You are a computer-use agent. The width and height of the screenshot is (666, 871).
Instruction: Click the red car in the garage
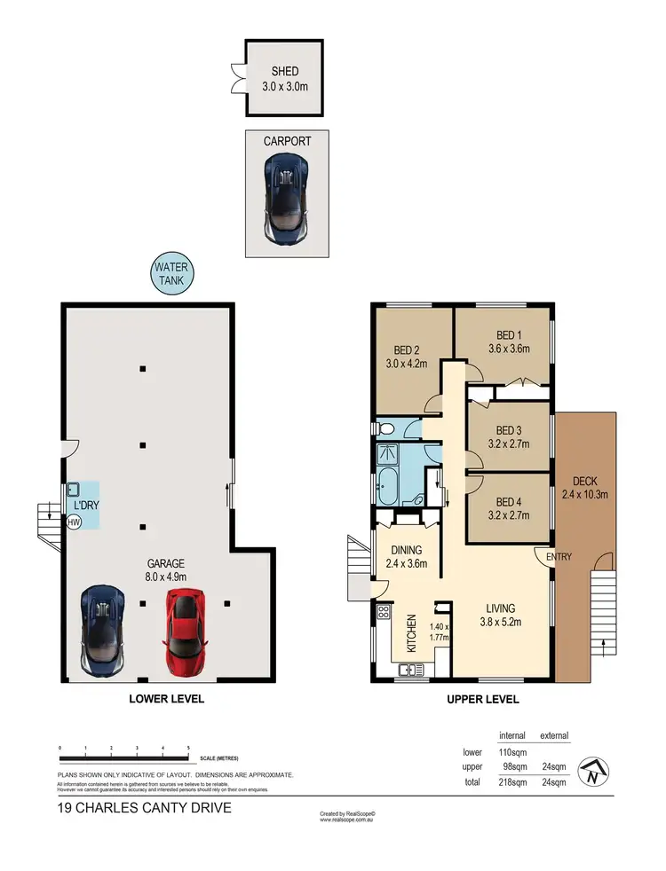coord(183,632)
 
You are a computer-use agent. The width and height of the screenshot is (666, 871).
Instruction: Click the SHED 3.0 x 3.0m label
coord(286,80)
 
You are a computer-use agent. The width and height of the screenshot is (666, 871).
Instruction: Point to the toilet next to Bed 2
coord(386,429)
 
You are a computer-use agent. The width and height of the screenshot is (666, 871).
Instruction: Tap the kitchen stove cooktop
coord(385,612)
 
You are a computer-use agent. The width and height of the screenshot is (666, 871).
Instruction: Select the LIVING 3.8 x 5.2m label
coord(503,616)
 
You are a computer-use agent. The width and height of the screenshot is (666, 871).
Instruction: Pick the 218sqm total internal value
coord(512,782)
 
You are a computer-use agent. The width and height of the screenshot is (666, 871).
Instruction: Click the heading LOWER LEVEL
coord(167,699)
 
